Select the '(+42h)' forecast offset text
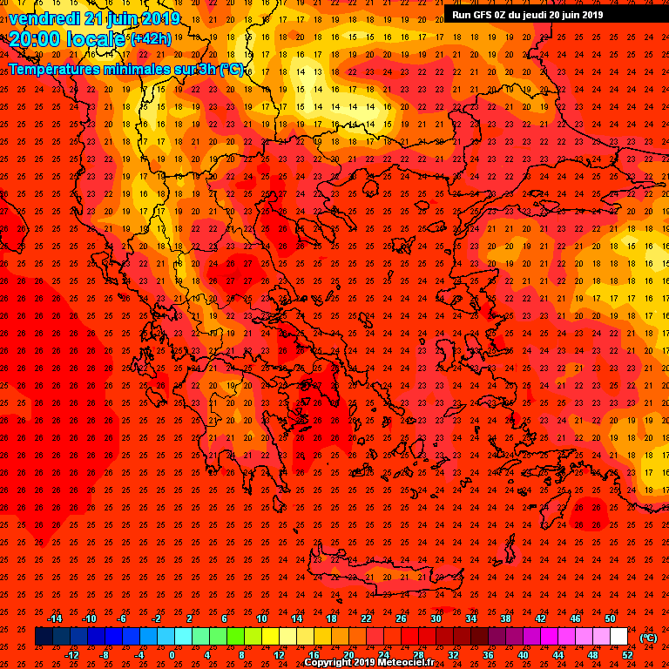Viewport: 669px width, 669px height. click(x=151, y=39)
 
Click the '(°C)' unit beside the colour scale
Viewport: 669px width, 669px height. click(x=648, y=638)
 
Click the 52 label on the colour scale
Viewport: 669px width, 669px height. click(x=627, y=654)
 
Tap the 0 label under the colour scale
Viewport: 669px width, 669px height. click(x=172, y=654)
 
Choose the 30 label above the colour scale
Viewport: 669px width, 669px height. click(x=436, y=618)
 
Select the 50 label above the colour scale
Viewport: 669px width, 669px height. click(x=610, y=618)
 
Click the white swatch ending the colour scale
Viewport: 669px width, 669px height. click(x=618, y=637)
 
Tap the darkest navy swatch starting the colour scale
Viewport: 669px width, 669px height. click(x=44, y=637)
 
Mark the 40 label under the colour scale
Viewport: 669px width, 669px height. click(x=523, y=654)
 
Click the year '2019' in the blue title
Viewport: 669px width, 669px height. click(x=160, y=18)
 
